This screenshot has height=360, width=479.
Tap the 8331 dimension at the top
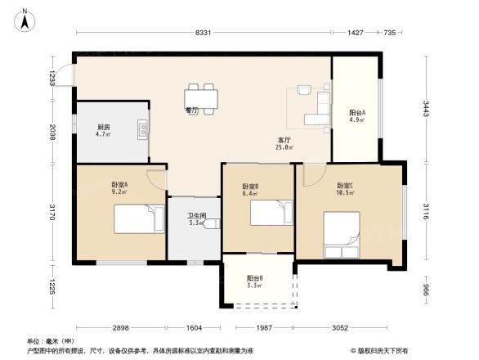(204, 33)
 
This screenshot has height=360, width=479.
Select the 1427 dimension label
(355, 33)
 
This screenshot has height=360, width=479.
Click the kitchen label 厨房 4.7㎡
(103, 131)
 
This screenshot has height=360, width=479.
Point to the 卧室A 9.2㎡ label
(119, 189)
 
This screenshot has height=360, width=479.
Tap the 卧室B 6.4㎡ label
(250, 191)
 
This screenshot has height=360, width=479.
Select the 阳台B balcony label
(255, 282)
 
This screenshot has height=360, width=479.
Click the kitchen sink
(143, 129)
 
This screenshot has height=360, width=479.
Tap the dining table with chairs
(202, 97)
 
